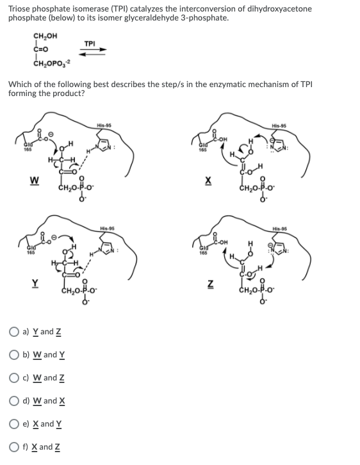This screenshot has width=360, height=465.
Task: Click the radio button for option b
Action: [12, 355]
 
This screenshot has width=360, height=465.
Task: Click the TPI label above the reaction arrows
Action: [90, 43]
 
